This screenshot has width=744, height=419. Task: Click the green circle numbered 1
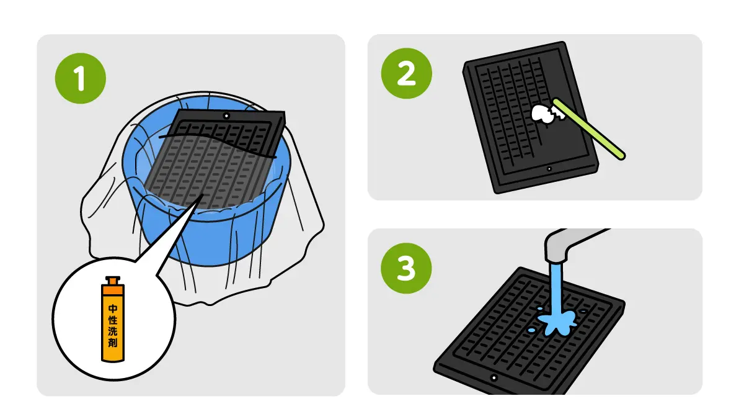81,78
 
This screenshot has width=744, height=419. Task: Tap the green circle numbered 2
407,73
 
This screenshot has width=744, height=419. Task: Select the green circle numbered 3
406,268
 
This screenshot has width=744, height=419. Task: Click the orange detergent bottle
113,319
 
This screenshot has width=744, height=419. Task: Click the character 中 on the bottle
113,309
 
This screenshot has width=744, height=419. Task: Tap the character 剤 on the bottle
113,342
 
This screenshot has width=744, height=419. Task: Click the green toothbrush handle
590,128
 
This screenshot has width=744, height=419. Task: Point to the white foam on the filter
541,114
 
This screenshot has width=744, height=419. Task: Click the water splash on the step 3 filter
557,322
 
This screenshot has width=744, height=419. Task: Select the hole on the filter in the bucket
226,116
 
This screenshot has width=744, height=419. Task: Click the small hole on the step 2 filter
549,169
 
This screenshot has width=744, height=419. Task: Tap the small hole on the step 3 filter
494,378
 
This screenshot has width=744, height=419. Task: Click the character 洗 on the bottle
113,331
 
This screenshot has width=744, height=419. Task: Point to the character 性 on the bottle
113,320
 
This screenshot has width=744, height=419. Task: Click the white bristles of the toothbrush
558,113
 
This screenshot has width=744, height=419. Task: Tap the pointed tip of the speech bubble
203,195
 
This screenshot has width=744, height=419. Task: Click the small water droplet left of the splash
531,330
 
